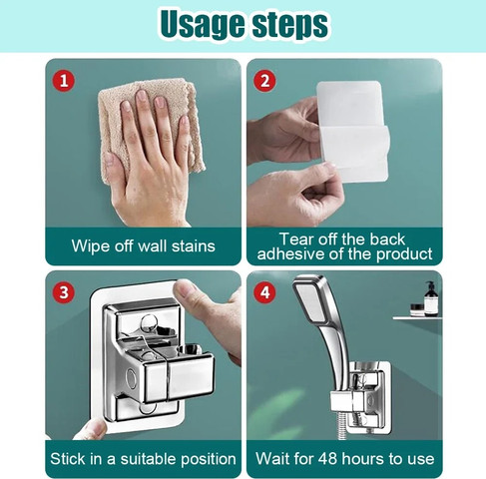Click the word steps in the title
290,25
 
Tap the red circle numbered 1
64,81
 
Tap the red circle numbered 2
264,81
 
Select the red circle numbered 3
64,292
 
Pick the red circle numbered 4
264,292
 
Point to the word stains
194,246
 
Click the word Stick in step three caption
68,459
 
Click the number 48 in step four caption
328,459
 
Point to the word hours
363,459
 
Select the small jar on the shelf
417,310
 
